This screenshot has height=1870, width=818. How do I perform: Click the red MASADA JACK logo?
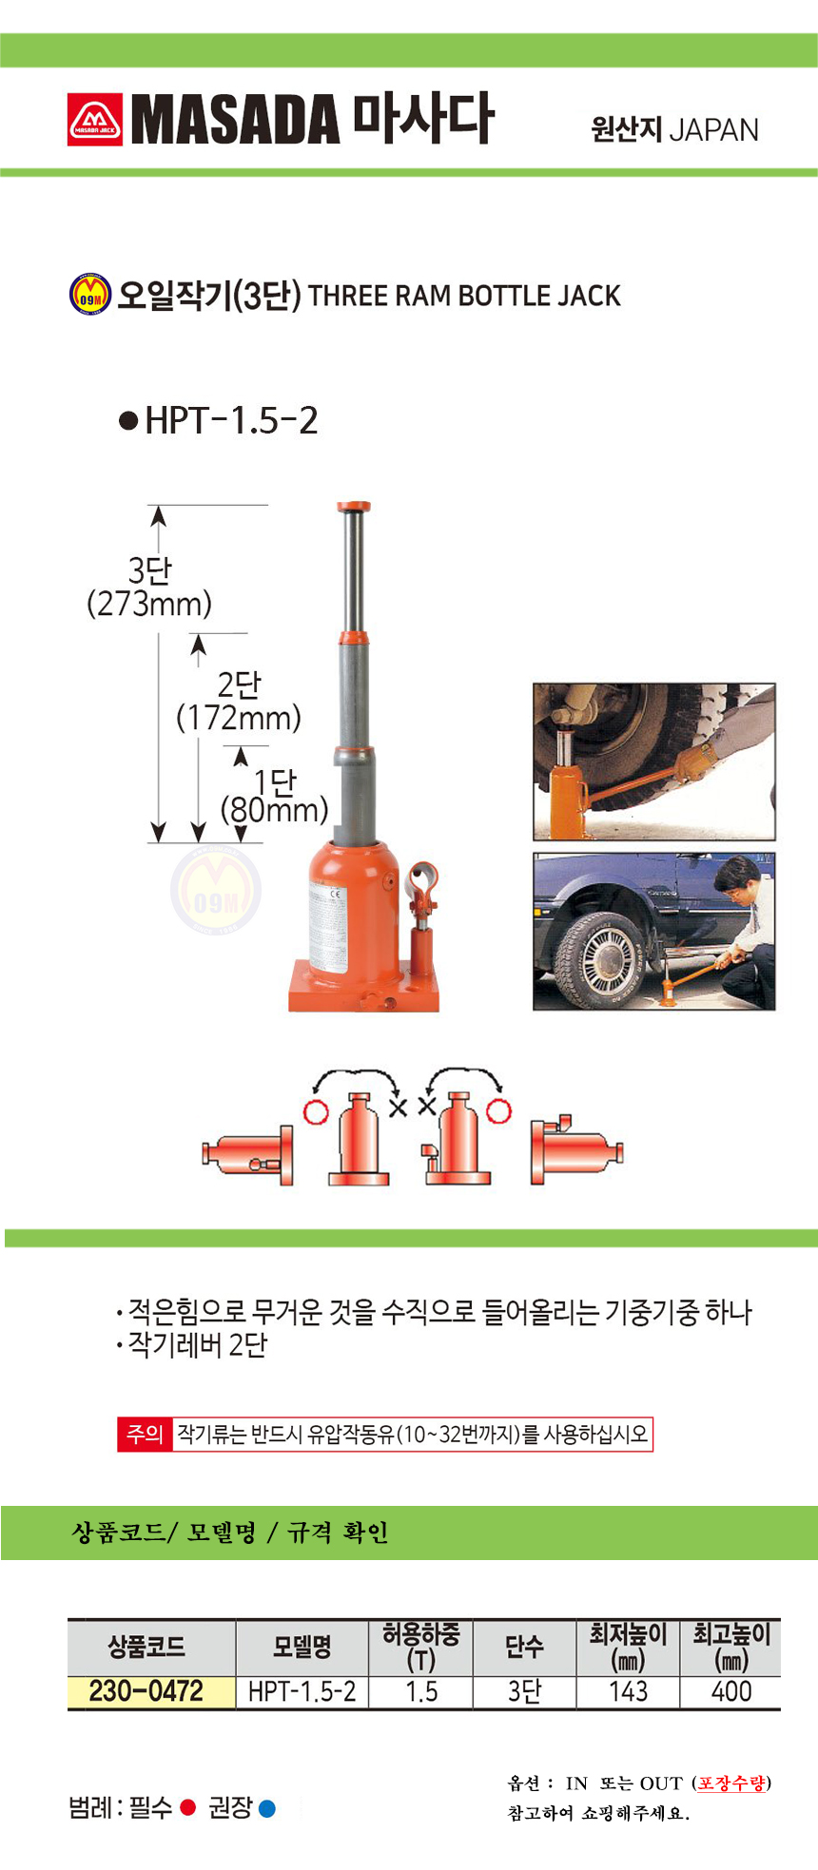pos(95,119)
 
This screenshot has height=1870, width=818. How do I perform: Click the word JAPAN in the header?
pos(713,129)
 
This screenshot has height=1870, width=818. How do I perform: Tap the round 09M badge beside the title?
pos(90,295)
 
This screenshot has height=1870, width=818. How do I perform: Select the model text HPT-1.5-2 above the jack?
pos(231,420)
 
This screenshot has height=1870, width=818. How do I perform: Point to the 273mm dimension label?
pos(149,604)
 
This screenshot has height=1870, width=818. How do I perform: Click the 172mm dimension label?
pos(239,717)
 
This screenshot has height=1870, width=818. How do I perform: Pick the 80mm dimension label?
pos(274,810)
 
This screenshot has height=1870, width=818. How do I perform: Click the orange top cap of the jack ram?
pos(353,507)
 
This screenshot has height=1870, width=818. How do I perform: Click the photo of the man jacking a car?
pos(654,932)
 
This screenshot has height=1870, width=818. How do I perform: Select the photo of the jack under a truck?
pos(654,761)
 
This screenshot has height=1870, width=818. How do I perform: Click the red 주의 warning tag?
pos(146,1434)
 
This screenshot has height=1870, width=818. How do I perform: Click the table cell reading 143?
pos(628,1691)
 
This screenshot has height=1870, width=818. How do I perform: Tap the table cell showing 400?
pos(731,1691)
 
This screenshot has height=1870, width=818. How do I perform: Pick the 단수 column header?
pos(524,1647)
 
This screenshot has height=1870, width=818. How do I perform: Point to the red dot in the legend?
pos(187,1807)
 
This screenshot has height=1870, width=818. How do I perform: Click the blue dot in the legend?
pos(267,1808)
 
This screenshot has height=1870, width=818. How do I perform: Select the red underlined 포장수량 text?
pos(731,1783)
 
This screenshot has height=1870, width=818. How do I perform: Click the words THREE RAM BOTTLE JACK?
pos(464,296)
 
